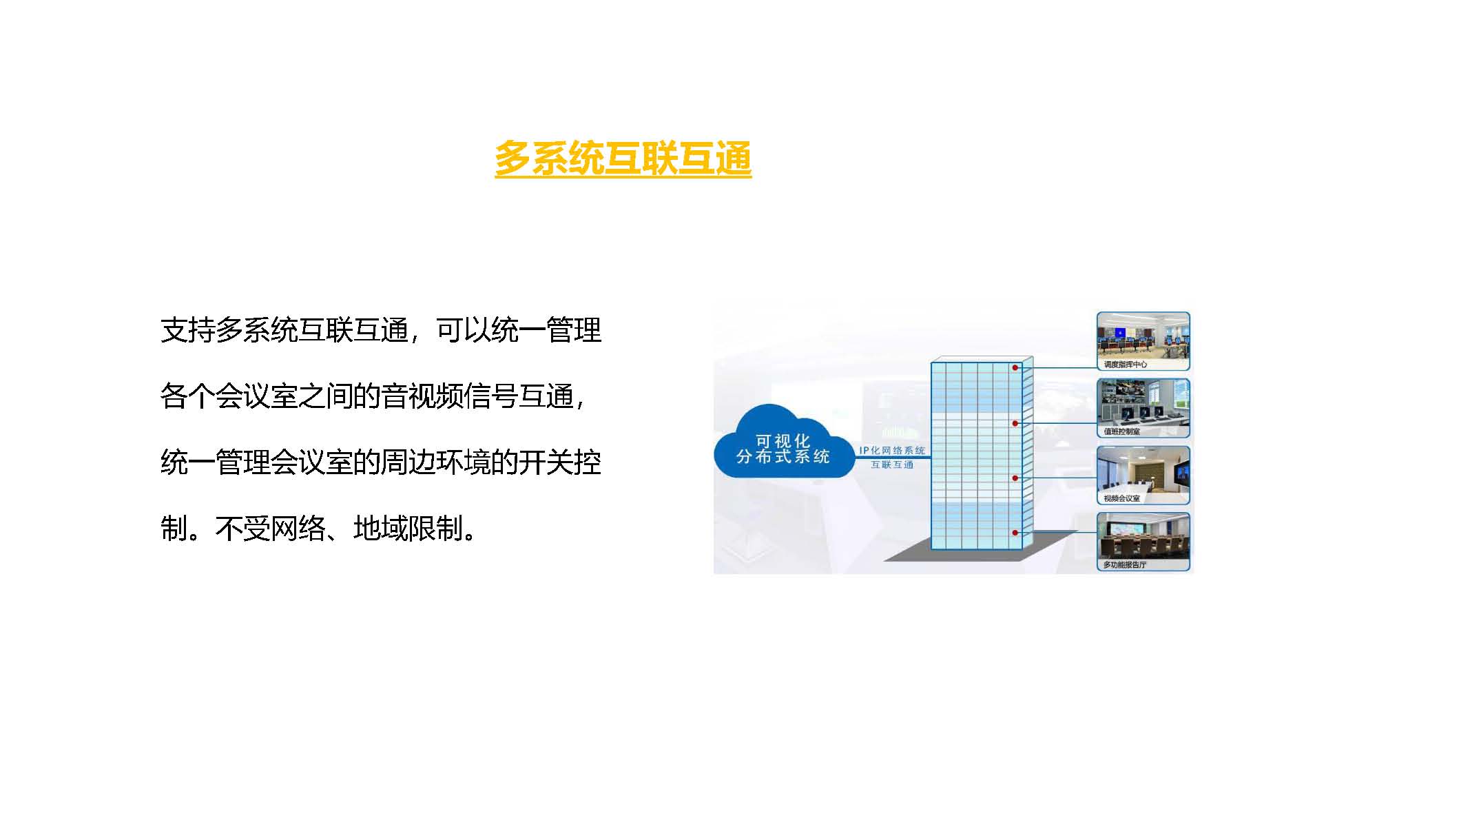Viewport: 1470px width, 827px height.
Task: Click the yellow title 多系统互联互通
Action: pyautogui.click(x=623, y=159)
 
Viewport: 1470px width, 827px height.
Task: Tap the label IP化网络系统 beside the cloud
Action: pyautogui.click(x=892, y=450)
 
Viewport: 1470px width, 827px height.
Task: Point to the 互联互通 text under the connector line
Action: pyautogui.click(x=892, y=464)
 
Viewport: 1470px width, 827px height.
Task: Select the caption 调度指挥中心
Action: pyautogui.click(x=1125, y=365)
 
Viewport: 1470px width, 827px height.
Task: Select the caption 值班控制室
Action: pyautogui.click(x=1121, y=431)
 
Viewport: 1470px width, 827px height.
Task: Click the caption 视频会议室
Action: pyautogui.click(x=1121, y=498)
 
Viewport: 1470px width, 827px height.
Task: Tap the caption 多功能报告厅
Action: pyautogui.click(x=1125, y=564)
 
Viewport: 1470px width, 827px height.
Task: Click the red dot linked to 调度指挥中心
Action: pyautogui.click(x=1015, y=368)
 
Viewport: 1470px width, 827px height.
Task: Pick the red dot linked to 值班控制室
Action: pyautogui.click(x=1015, y=423)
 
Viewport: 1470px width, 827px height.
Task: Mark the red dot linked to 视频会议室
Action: pyautogui.click(x=1015, y=478)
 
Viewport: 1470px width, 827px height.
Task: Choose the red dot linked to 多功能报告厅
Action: pyautogui.click(x=1015, y=533)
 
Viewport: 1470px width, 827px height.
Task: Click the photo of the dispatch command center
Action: pyautogui.click(x=1143, y=336)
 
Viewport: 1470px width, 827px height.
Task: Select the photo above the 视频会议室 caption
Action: pyautogui.click(x=1143, y=469)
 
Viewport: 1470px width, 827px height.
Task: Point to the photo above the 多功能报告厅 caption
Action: pyautogui.click(x=1143, y=536)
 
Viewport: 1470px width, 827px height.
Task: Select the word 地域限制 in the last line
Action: pyautogui.click(x=408, y=529)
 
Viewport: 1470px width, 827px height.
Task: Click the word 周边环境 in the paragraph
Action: pyautogui.click(x=435, y=462)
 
